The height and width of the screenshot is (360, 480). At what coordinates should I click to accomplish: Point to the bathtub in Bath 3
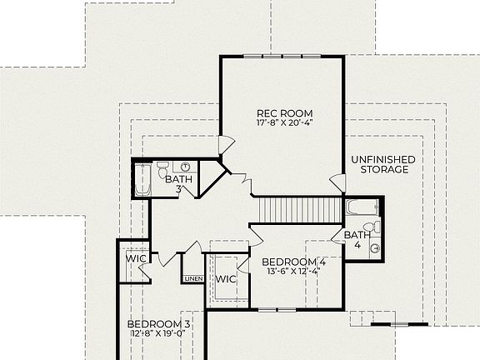[x=142, y=179]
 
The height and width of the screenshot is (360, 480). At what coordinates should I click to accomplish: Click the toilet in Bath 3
[x=163, y=166]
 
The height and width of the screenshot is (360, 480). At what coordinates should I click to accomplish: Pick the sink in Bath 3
[x=187, y=167]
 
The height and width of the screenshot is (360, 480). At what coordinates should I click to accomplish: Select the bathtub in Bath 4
[x=362, y=207]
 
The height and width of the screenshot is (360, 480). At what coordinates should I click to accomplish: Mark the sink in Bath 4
[x=375, y=246]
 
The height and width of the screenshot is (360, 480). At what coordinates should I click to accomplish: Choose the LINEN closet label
[x=193, y=278]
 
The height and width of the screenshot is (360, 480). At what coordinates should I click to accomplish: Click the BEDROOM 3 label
[x=158, y=324]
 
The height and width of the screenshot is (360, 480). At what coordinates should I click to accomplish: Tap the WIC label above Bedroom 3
[x=136, y=259]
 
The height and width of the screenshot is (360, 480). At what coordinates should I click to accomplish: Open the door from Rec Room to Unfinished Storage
[x=336, y=182]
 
